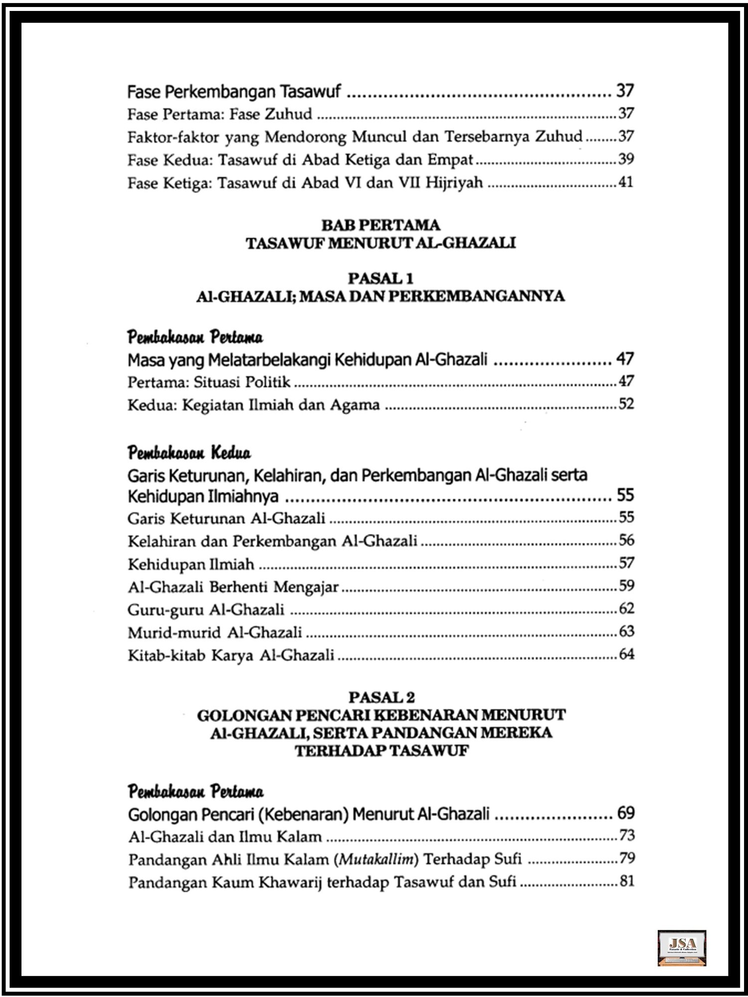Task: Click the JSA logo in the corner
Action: pyautogui.click(x=682, y=948)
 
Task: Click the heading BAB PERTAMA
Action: pyautogui.click(x=380, y=225)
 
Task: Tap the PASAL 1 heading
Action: pyautogui.click(x=380, y=278)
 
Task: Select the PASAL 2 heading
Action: pyautogui.click(x=381, y=697)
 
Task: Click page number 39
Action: pyautogui.click(x=626, y=159)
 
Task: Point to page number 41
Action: pyautogui.click(x=626, y=182)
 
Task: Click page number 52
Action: pyautogui.click(x=626, y=404)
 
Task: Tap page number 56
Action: pyautogui.click(x=626, y=540)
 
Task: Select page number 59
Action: pyautogui.click(x=626, y=585)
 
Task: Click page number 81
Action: pyautogui.click(x=627, y=881)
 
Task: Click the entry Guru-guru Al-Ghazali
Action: pyautogui.click(x=206, y=610)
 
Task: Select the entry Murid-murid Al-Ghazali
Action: pyautogui.click(x=215, y=633)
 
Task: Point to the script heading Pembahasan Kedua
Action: pyautogui.click(x=189, y=453)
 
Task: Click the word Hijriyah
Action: pyautogui.click(x=454, y=183)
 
